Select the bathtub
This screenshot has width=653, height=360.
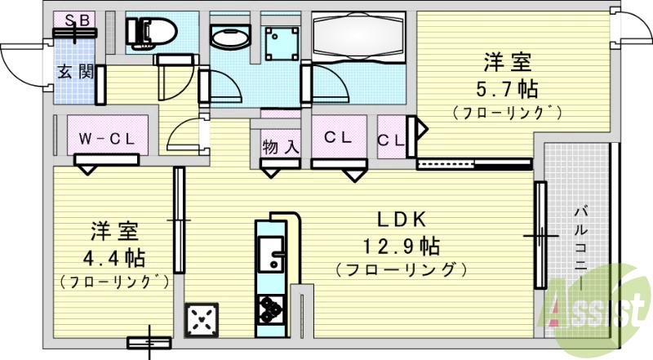click(359, 34)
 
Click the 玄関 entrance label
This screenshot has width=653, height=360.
click(74, 72)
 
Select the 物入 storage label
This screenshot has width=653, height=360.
click(280, 147)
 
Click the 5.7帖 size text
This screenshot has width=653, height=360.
click(508, 87)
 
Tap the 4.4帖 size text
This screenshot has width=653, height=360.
click(114, 258)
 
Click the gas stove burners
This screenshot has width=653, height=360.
click(270, 309)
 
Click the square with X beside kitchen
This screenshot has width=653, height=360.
click(202, 318)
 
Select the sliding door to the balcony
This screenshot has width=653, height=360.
click(540, 235)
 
